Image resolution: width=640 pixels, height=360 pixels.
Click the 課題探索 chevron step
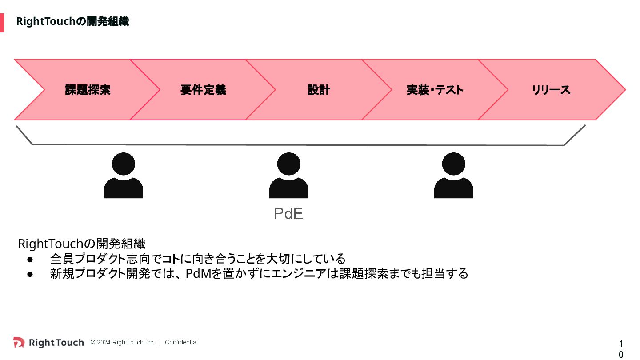pos(88,90)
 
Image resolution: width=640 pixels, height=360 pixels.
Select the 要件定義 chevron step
pos(203,90)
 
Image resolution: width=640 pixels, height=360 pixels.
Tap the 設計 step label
pos(319,90)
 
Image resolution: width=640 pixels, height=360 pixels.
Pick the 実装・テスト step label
pos(435,90)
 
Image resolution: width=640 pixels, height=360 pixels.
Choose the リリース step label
pos(551,90)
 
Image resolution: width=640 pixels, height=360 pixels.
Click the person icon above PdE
pos(288,175)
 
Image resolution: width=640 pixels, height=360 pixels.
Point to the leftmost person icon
pos(123,175)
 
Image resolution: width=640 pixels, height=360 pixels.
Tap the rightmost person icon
pos(453,175)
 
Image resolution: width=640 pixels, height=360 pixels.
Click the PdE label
pos(288,214)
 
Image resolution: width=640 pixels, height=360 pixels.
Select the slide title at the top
pos(72,21)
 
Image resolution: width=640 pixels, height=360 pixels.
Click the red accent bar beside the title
pos(2,23)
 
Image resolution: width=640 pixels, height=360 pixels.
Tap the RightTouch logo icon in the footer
pos(19,342)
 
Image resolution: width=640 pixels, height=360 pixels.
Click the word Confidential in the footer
pos(181,342)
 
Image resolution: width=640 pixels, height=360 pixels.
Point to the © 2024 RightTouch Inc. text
pos(123,342)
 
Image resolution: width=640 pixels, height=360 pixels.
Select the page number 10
pos(621,349)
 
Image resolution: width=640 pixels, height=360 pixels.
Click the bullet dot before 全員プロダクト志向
pos(30,259)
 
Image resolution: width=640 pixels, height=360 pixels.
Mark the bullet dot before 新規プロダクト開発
pos(30,274)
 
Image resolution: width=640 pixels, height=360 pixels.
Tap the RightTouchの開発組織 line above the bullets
pos(81,244)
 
